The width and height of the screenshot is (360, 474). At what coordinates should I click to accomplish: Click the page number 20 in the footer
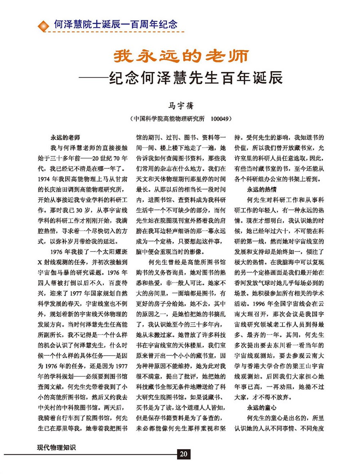[x=184, y=453]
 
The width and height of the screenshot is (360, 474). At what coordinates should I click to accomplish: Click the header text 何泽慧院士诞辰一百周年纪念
[x=116, y=24]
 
